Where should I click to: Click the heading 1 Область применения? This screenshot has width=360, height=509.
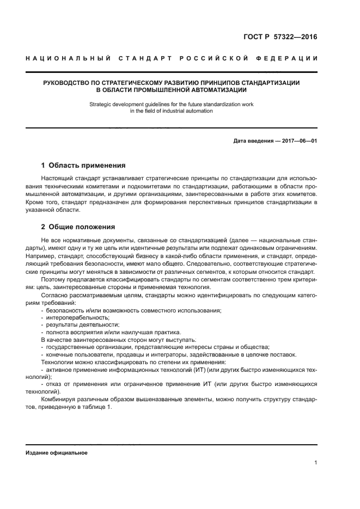(x=84, y=165)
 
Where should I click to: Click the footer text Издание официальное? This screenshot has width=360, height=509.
(x=57, y=453)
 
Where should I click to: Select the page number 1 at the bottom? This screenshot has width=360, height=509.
(x=316, y=463)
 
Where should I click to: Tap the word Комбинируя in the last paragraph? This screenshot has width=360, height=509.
(x=59, y=399)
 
